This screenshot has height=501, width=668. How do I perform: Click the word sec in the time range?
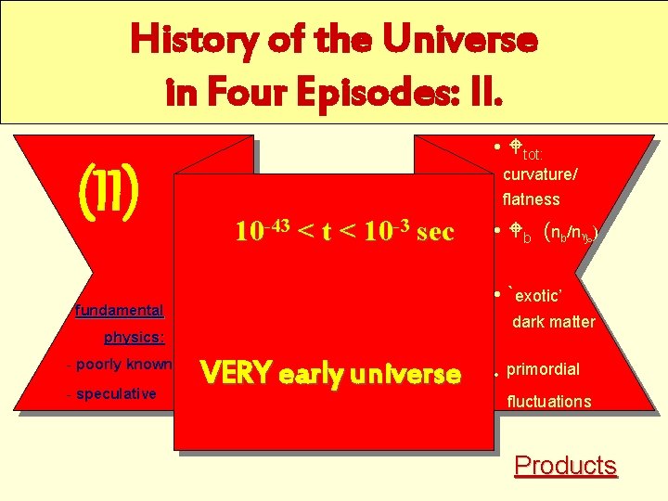435,232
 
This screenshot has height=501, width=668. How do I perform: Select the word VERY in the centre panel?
236,374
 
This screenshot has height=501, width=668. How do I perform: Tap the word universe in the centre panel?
400,375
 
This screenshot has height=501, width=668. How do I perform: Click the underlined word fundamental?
120,311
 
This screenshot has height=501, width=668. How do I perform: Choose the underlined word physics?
135,337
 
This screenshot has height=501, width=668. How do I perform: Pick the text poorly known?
124,365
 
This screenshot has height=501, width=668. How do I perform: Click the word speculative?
116,394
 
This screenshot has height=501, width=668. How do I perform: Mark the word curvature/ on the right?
541,175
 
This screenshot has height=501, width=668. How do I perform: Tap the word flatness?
532,199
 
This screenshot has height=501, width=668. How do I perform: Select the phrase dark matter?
554,323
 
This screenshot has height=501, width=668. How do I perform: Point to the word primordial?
544,369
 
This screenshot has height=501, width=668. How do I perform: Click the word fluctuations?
549,402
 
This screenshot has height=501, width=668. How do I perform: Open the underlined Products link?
565,465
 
